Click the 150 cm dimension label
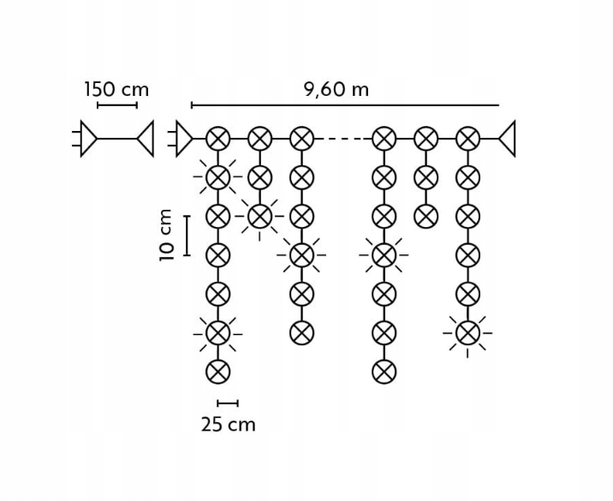coord(117,90)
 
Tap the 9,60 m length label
coord(336,90)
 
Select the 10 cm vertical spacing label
coord(166,235)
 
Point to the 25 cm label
coord(229,424)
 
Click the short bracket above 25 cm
coord(228,403)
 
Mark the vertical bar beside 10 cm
coord(187,236)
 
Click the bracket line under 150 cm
coord(117,105)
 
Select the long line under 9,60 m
coord(345,104)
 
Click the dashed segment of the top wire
coord(342,139)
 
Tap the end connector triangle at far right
coord(507,139)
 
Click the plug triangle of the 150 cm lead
coord(89,139)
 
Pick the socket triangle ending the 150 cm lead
coord(146,139)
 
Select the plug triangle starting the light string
coord(184,139)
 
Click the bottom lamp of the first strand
coord(217,372)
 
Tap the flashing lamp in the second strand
coord(259,216)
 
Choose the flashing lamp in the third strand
coord(301,255)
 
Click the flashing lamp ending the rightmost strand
coord(467,333)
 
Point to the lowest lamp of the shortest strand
coord(426,216)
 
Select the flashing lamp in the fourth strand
coord(384,255)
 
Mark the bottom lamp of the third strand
coord(301,333)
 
